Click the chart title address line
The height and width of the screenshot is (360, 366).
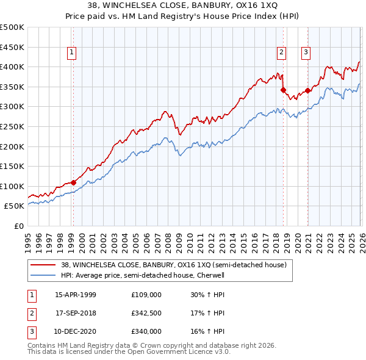point(182,6)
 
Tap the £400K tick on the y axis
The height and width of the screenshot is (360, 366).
point(12,67)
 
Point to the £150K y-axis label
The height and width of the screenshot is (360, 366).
point(12,166)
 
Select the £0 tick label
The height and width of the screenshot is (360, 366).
point(18,226)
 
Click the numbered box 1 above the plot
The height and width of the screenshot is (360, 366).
point(73,52)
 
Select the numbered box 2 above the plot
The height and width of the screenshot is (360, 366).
point(282,52)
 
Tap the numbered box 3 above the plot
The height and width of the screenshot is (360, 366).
point(306,52)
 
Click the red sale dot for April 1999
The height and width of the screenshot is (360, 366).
point(73,182)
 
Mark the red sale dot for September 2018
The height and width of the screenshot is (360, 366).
point(283,90)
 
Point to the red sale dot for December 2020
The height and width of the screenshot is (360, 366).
point(307,91)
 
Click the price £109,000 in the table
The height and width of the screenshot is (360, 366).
point(146,295)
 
